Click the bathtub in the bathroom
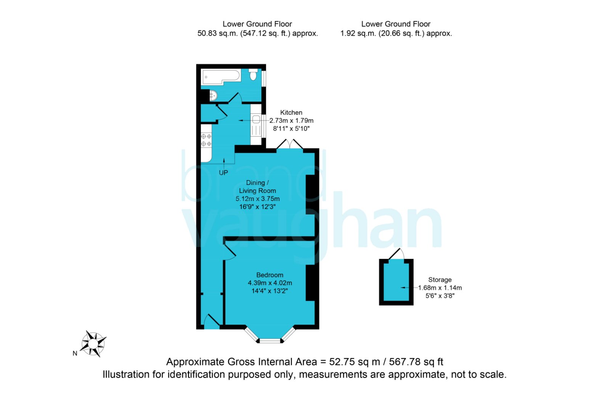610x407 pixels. pyautogui.click(x=221, y=77)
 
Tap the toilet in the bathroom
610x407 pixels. pyautogui.click(x=253, y=74)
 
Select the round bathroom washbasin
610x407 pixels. pyautogui.click(x=213, y=96)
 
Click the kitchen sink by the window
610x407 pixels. pyautogui.click(x=256, y=119)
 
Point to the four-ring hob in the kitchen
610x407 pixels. pyautogui.click(x=206, y=140)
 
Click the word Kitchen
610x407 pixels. pyautogui.click(x=291, y=113)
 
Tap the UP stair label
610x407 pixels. pyautogui.click(x=223, y=173)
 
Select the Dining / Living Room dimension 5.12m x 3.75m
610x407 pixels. pyautogui.click(x=257, y=199)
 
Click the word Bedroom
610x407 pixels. pyautogui.click(x=270, y=275)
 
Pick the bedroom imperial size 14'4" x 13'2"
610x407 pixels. pyautogui.click(x=269, y=291)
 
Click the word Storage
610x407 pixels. pyautogui.click(x=440, y=280)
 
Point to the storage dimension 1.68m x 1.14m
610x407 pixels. pyautogui.click(x=440, y=288)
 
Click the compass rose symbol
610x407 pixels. pyautogui.click(x=93, y=344)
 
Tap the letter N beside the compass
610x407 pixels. pyautogui.click(x=75, y=354)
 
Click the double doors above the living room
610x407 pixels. pyautogui.click(x=289, y=144)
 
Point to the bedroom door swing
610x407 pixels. pyautogui.click(x=230, y=252)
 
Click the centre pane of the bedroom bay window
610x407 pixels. pyautogui.click(x=270, y=341)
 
